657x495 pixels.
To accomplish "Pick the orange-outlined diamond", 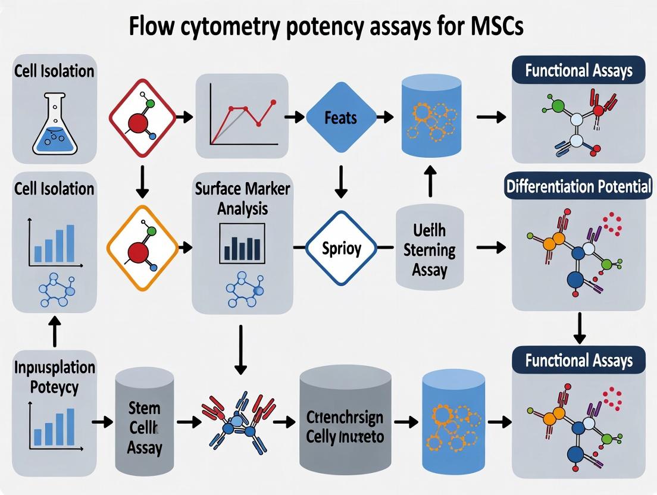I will [142, 245].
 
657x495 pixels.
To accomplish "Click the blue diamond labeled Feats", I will [340, 117].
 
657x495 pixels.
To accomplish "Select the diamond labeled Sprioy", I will [341, 246].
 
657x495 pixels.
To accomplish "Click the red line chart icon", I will [245, 118].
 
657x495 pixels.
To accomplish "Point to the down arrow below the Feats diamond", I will [340, 181].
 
